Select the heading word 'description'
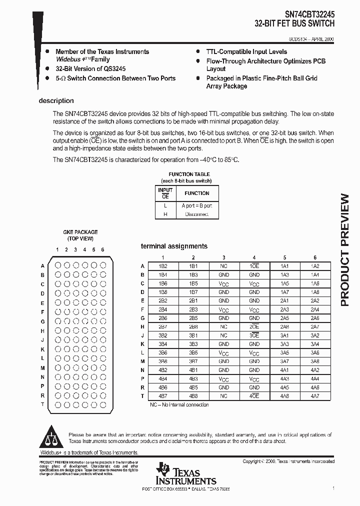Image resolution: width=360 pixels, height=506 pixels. click(56, 100)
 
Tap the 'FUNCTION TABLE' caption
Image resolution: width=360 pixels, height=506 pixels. click(185, 174)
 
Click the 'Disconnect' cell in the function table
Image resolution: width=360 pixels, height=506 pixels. click(197, 214)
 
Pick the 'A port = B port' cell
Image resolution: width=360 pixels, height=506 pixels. click(197, 205)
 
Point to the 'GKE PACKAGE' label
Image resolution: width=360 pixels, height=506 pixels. click(80, 232)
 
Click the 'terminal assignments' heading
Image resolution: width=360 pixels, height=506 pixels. click(174, 246)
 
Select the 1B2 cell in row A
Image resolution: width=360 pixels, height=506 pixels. click(163, 266)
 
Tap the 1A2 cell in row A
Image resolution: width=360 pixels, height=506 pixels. click(315, 266)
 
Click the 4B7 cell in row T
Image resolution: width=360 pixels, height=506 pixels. click(163, 396)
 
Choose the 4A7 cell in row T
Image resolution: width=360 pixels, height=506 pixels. click(315, 396)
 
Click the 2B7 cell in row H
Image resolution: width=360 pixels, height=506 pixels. click(163, 326)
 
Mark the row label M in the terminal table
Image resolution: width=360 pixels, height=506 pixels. click(143, 361)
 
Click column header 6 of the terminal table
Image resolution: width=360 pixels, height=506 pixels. click(315, 257)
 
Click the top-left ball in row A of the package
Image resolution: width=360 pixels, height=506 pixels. click(57, 266)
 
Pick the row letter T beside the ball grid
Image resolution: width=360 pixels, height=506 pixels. click(42, 404)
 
